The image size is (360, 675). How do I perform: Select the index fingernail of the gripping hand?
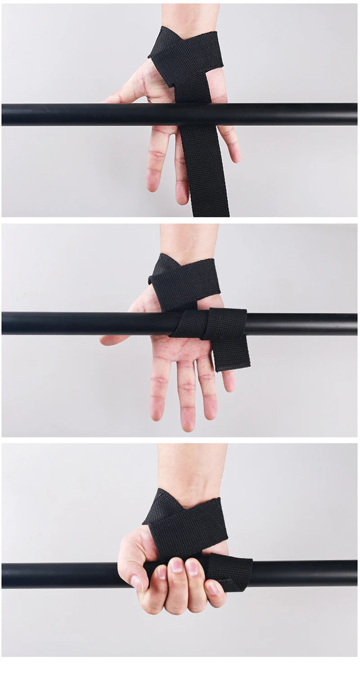pos(161,572)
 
